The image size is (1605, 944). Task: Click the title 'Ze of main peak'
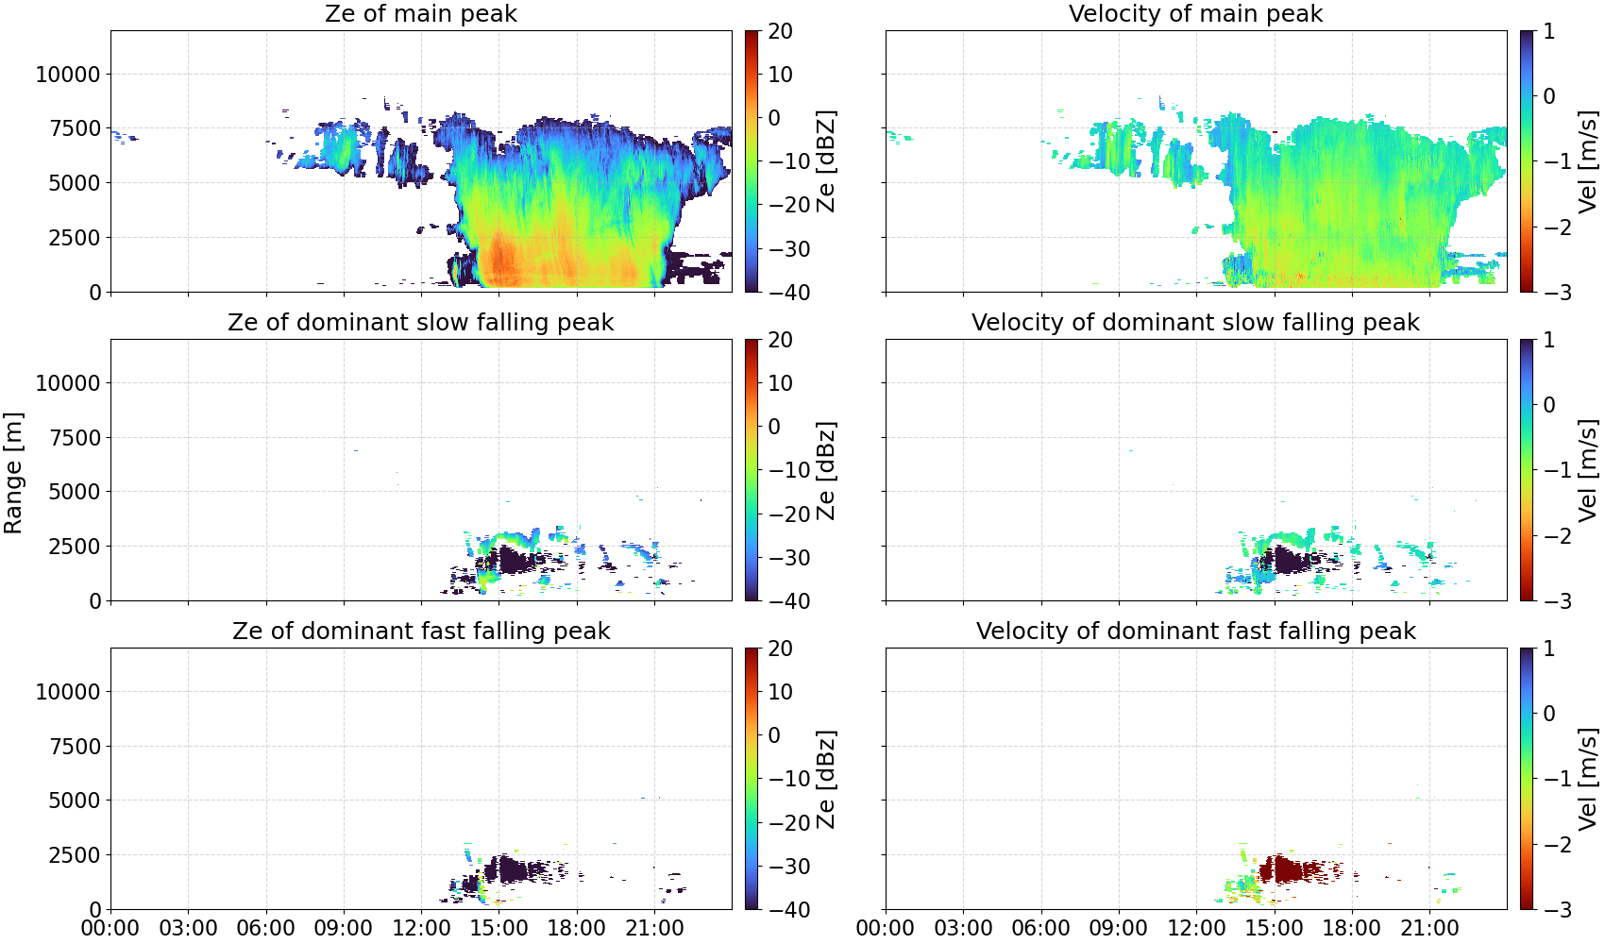tap(420, 13)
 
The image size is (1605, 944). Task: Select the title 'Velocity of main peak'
tap(1196, 13)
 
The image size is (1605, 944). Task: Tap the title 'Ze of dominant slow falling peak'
tap(420, 322)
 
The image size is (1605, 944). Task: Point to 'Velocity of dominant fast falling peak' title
tap(1196, 631)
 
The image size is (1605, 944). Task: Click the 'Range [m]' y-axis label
tap(13, 473)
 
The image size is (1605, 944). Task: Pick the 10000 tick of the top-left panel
tap(68, 74)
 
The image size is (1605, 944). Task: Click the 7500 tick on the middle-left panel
tap(75, 438)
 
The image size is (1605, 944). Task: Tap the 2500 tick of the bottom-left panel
tap(75, 854)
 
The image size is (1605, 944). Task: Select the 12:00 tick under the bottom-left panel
tap(421, 928)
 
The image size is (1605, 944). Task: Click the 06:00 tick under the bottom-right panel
tap(1041, 928)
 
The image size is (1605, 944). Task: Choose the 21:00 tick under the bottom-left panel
tap(654, 928)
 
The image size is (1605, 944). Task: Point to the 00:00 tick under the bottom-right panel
tap(886, 928)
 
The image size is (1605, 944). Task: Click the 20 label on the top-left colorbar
tap(780, 31)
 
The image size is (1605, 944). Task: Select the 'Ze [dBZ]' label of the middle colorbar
tap(826, 470)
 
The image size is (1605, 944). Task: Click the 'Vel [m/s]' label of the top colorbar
tap(1588, 161)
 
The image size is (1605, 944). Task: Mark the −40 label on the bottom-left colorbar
tap(788, 910)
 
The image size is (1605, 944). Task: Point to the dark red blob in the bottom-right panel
tap(1290, 869)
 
